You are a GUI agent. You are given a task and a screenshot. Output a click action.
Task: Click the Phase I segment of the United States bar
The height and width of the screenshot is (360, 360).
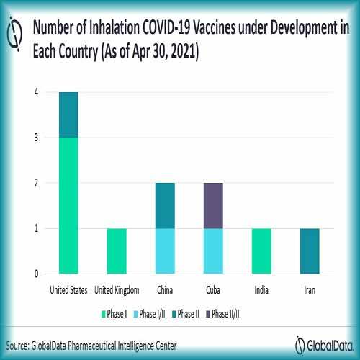pyautogui.click(x=68, y=205)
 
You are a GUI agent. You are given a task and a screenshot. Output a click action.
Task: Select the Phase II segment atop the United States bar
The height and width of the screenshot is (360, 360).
pyautogui.click(x=68, y=114)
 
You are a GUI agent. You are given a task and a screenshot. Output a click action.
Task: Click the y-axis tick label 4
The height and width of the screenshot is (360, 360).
pyautogui.click(x=35, y=92)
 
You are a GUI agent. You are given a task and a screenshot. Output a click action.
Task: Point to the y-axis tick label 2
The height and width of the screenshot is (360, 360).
pyautogui.click(x=35, y=183)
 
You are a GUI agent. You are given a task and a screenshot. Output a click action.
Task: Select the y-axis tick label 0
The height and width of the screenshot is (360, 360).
pyautogui.click(x=35, y=274)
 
